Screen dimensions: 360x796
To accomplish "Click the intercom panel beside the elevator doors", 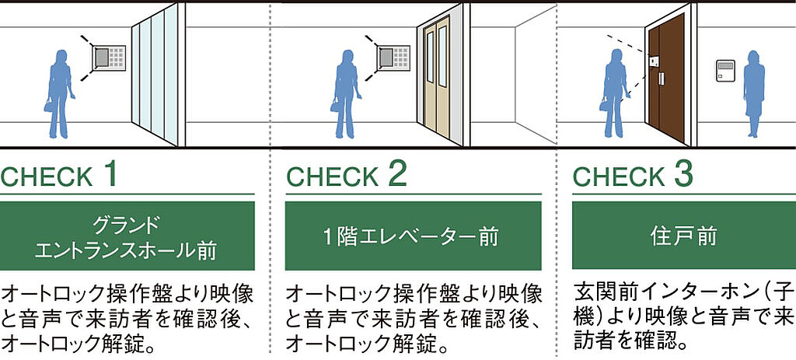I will pos(393,58).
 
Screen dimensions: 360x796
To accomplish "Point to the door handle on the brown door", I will pos(662,79).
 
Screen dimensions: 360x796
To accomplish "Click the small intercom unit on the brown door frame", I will pos(653,60).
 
